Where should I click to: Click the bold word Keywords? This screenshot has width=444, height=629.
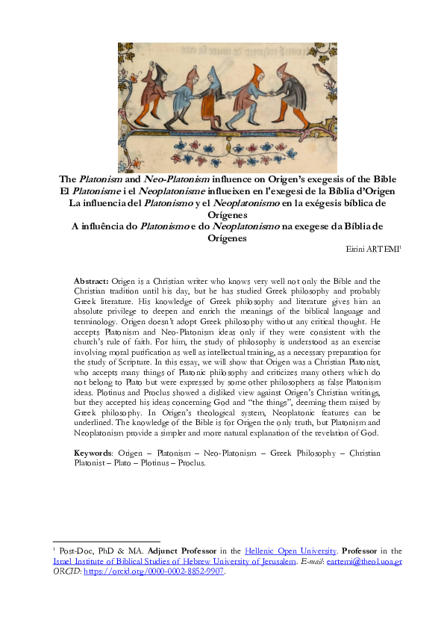coord(93,453)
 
